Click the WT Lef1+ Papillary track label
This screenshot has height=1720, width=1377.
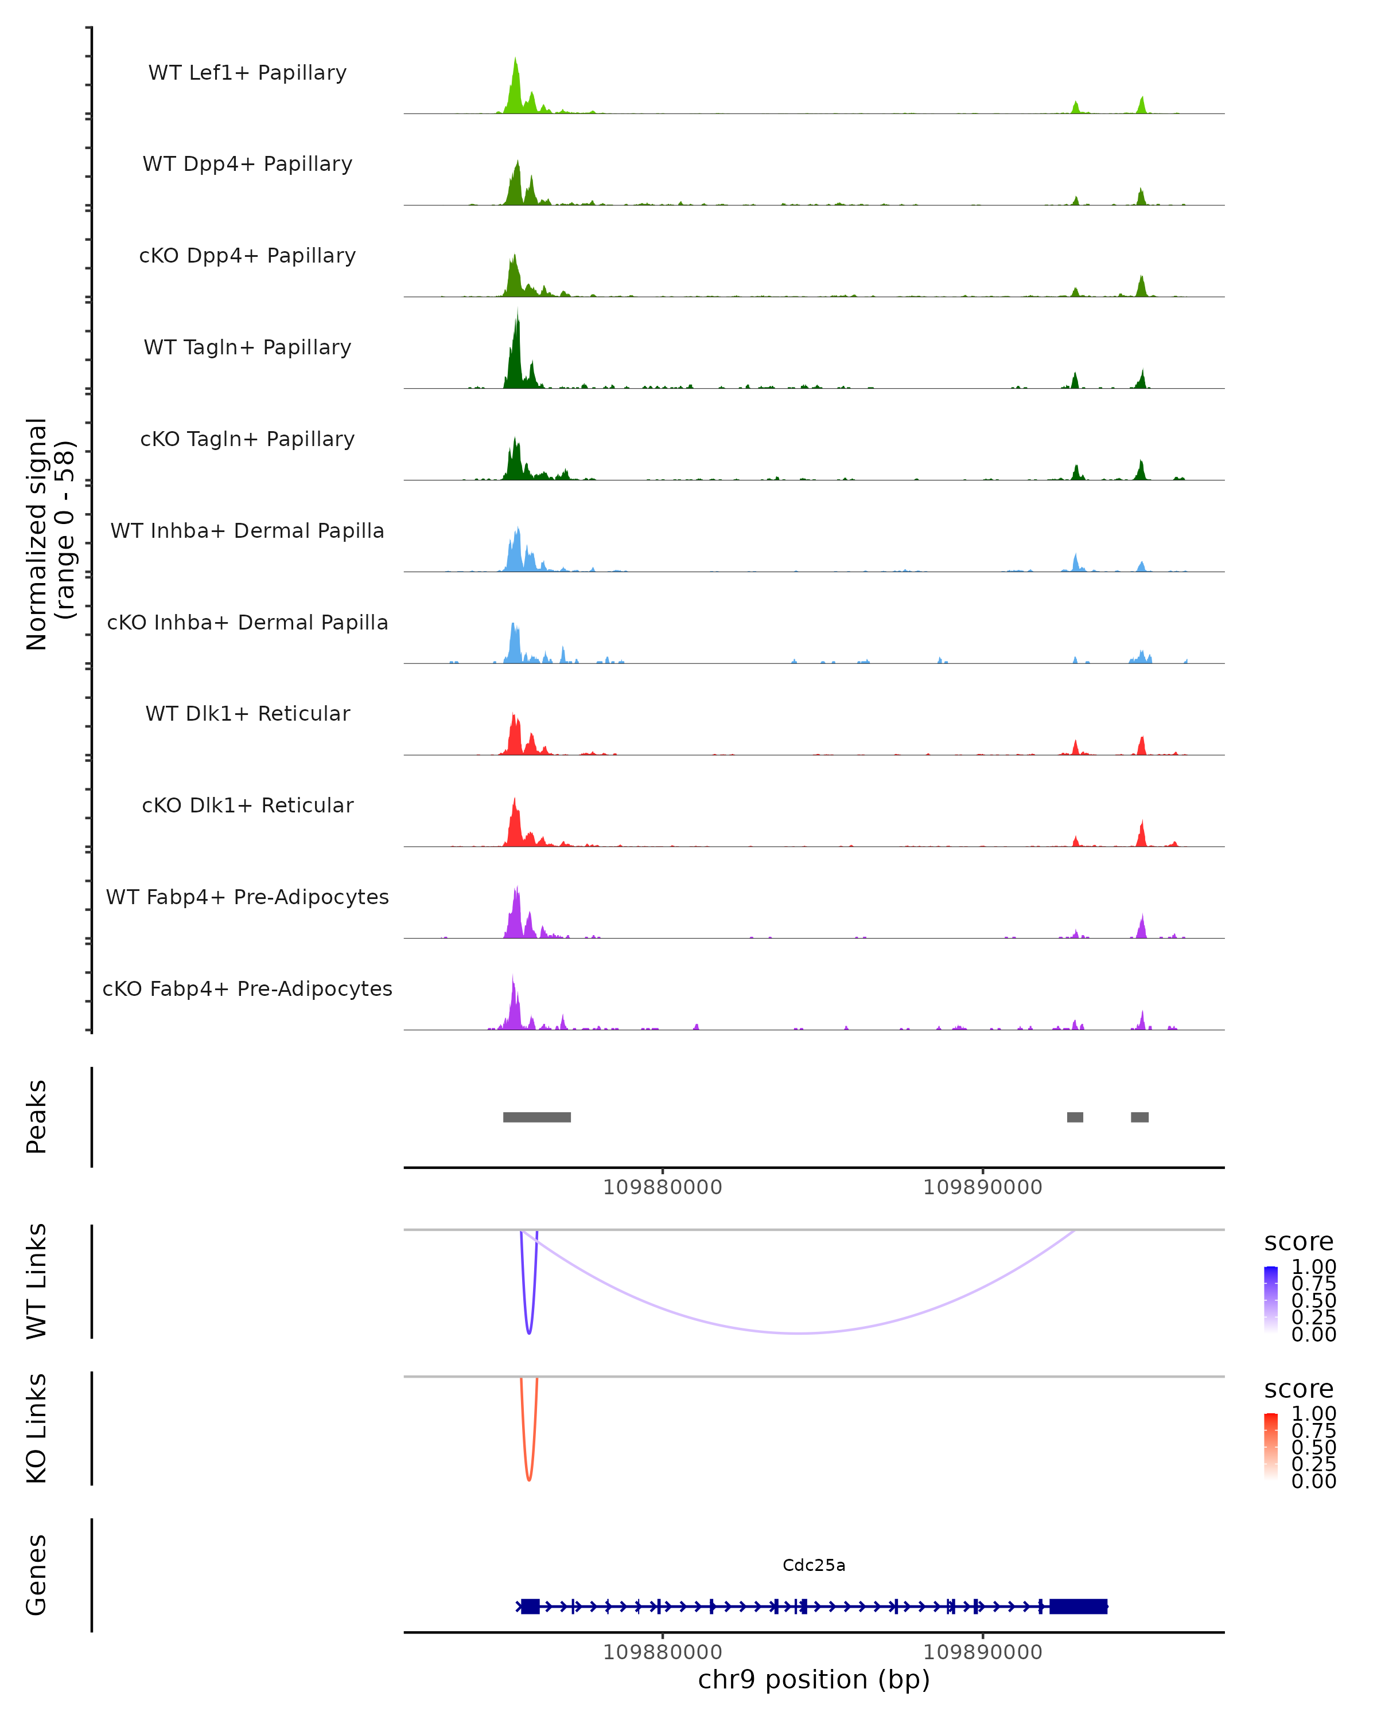[247, 73]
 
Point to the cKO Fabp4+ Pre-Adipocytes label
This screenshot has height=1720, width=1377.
[247, 988]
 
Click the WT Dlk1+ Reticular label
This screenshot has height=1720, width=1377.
[247, 713]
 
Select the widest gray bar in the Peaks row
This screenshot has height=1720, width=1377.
[536, 1117]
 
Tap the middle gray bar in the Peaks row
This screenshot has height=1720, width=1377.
[1075, 1117]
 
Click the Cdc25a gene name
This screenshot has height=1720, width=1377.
[814, 1565]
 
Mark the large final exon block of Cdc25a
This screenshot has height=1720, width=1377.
[1078, 1606]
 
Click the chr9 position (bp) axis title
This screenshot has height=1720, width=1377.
[814, 1680]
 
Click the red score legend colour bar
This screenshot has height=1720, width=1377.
[1271, 1447]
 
